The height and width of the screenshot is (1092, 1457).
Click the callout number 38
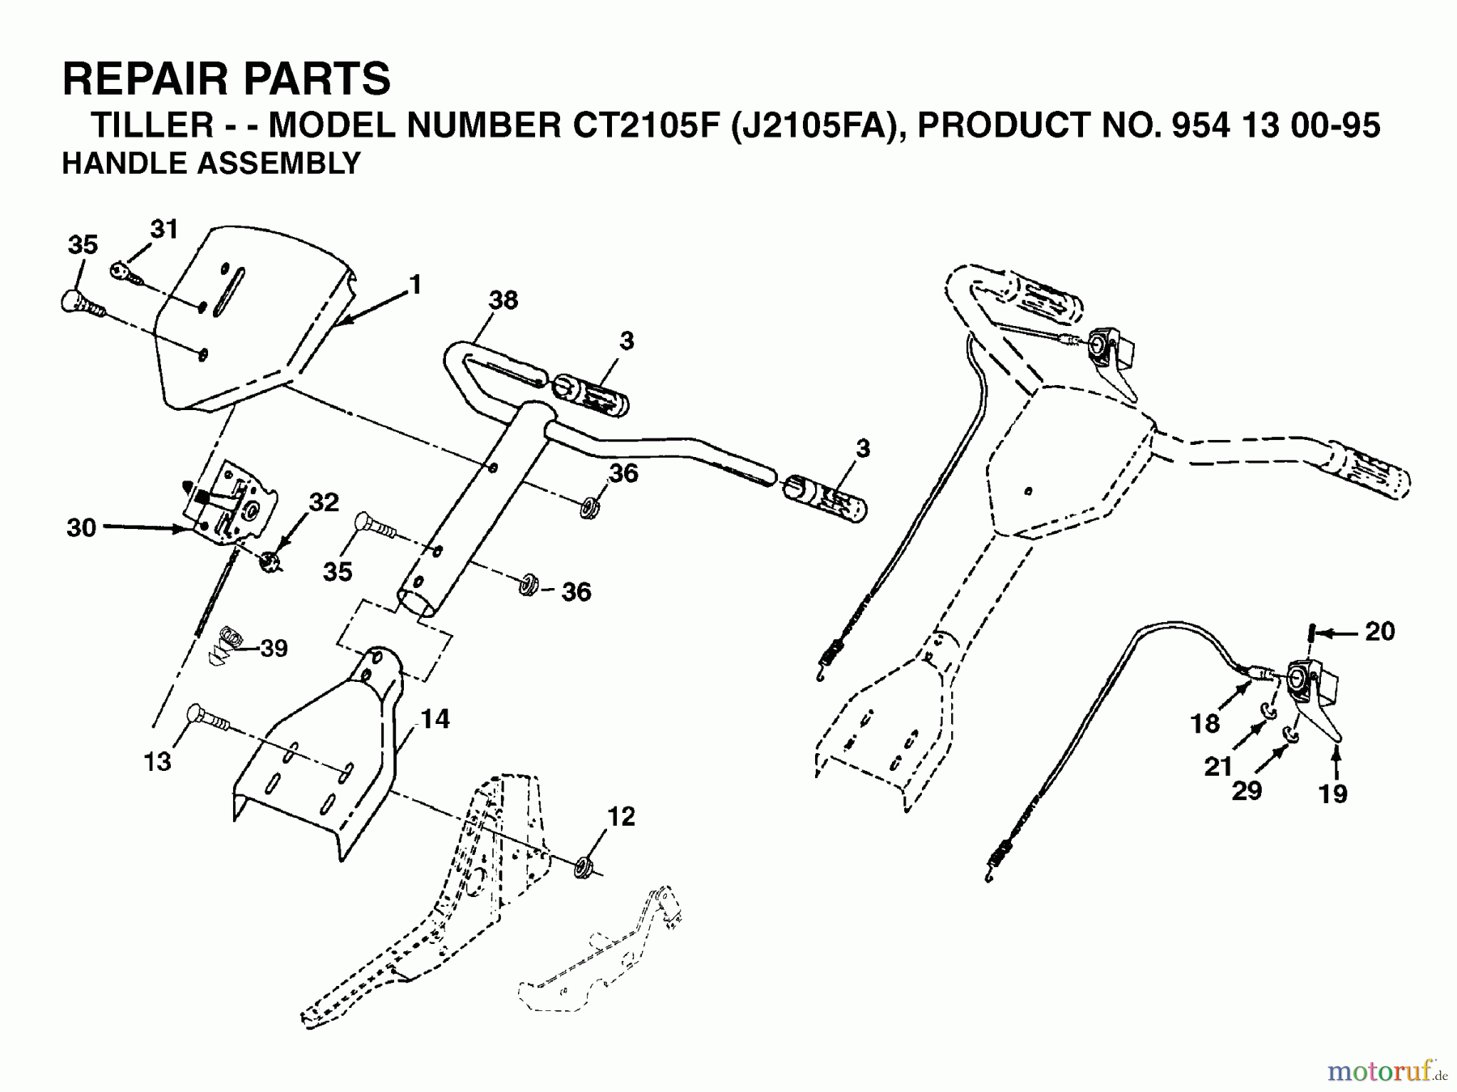click(x=503, y=301)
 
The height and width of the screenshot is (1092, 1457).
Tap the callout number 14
click(x=435, y=718)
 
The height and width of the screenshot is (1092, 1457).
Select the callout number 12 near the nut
click(x=621, y=817)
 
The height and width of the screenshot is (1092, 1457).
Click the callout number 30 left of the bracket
click(x=81, y=528)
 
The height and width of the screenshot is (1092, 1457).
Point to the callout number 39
click(x=274, y=649)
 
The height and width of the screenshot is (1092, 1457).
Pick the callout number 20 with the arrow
click(x=1379, y=631)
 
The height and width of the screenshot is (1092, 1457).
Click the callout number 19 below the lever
click(x=1332, y=794)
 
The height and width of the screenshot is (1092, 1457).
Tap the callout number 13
click(x=158, y=761)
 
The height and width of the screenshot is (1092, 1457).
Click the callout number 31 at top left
click(x=164, y=230)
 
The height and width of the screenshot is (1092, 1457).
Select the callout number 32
click(x=324, y=502)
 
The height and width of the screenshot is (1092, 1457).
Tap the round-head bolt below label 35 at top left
click(x=81, y=303)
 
